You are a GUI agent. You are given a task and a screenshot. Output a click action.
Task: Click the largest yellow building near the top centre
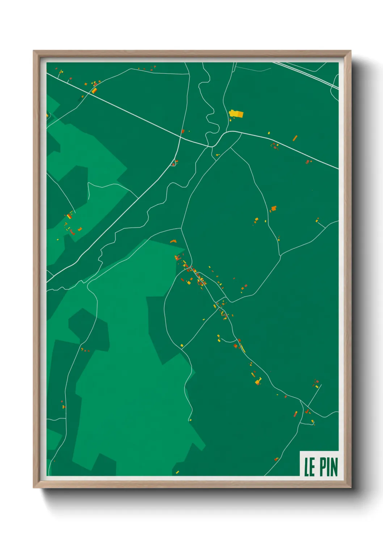pyautogui.click(x=236, y=114)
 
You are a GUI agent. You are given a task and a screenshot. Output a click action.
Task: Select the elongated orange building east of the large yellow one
pyautogui.click(x=295, y=138)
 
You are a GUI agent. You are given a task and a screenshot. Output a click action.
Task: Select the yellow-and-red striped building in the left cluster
pyautogui.click(x=68, y=216)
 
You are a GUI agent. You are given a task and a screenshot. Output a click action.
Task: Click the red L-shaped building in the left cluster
pyautogui.click(x=72, y=232)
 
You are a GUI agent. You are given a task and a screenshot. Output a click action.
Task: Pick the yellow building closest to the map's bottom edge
pyautogui.click(x=177, y=472)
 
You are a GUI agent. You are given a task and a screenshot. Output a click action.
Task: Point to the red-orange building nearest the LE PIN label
pyautogui.click(x=276, y=459)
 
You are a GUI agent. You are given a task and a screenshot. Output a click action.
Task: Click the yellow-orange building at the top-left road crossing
pyautogui.click(x=94, y=90)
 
